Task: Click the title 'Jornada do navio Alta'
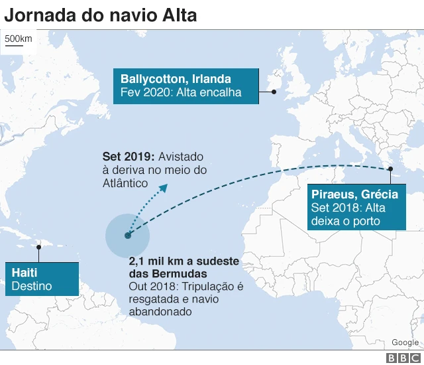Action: (100, 15)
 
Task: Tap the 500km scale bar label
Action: (18, 38)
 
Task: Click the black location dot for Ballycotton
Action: (274, 93)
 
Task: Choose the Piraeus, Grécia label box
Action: (356, 207)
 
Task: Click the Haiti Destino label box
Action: (42, 279)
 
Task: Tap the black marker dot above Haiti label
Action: (39, 248)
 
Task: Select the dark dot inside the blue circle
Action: (127, 235)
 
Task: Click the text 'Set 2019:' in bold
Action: (128, 157)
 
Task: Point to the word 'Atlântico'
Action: (125, 183)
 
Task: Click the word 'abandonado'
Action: (160, 311)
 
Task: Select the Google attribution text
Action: (405, 342)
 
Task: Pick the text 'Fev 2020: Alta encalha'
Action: (181, 92)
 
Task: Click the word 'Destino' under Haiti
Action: (32, 287)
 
